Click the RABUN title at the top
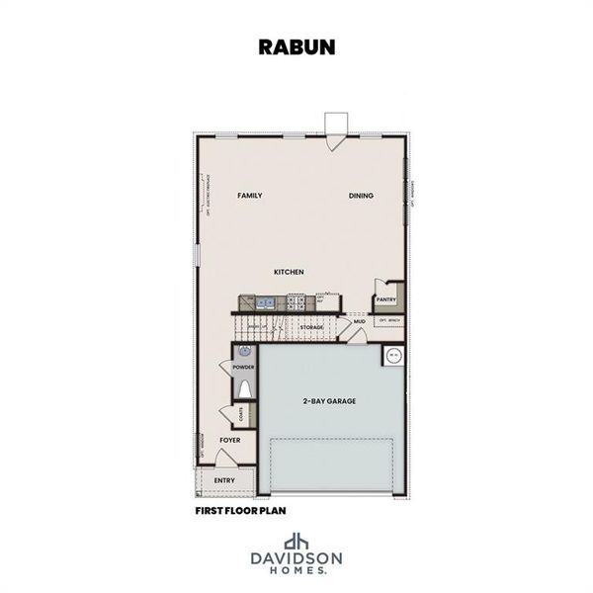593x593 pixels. coord(296,46)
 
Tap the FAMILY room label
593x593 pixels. coord(250,196)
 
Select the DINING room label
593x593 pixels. coord(361,196)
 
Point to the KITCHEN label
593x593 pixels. coord(290,272)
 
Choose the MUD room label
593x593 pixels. coord(360,321)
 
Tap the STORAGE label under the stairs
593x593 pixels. coord(312,326)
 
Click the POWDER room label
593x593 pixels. coord(243,368)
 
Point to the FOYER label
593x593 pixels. coord(230,440)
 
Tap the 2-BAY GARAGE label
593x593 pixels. coord(329,401)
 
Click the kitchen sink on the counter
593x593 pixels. coord(265,302)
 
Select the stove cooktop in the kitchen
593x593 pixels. coord(296,302)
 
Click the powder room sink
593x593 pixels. coord(243,351)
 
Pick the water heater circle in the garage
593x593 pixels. coord(392,355)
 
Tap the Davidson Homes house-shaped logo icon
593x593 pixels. coord(296,542)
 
